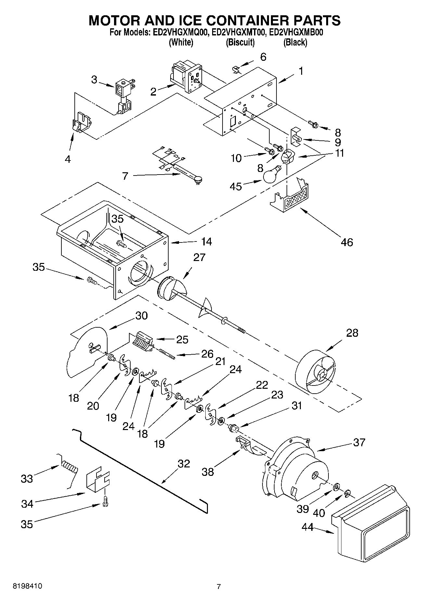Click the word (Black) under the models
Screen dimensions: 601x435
[x=295, y=42]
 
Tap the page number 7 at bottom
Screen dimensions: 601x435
[x=219, y=586]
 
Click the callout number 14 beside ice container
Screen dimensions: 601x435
[x=206, y=242]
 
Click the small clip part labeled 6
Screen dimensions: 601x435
[x=237, y=69]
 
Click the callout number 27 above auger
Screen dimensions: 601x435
[x=199, y=257]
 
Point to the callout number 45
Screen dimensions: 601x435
[x=236, y=186]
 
